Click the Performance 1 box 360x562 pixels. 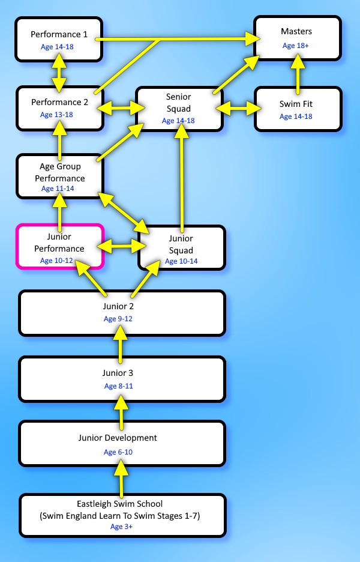tap(59, 39)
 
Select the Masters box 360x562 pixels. tap(298, 38)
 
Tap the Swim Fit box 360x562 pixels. tap(298, 109)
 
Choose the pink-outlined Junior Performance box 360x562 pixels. tap(60, 246)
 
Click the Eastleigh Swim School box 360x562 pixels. tap(122, 515)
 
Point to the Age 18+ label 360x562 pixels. tap(296, 46)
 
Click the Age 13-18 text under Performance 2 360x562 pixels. tap(56, 115)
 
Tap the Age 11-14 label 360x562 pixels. tap(58, 189)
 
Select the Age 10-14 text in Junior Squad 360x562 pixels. tap(181, 261)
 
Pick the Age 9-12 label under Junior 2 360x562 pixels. tap(118, 319)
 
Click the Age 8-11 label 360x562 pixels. tap(119, 386)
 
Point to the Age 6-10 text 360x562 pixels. tap(118, 452)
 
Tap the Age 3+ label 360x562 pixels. tap(121, 527)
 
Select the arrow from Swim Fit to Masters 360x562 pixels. tap(298, 73)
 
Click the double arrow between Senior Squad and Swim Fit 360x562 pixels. tap(239, 108)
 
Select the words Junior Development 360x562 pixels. tap(118, 438)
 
